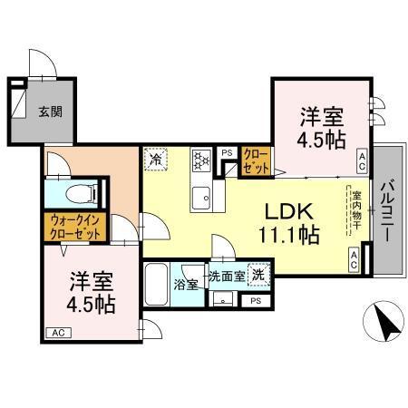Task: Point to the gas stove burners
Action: coord(200,161)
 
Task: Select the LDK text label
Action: coord(289,211)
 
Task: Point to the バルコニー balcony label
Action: coord(387,210)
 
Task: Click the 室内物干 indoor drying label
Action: coord(357,211)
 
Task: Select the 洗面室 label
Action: coord(226,276)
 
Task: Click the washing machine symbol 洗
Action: coord(259,275)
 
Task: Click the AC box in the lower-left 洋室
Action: coord(56,333)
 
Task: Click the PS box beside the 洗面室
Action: coord(257,300)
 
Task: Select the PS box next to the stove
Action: coord(227,152)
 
